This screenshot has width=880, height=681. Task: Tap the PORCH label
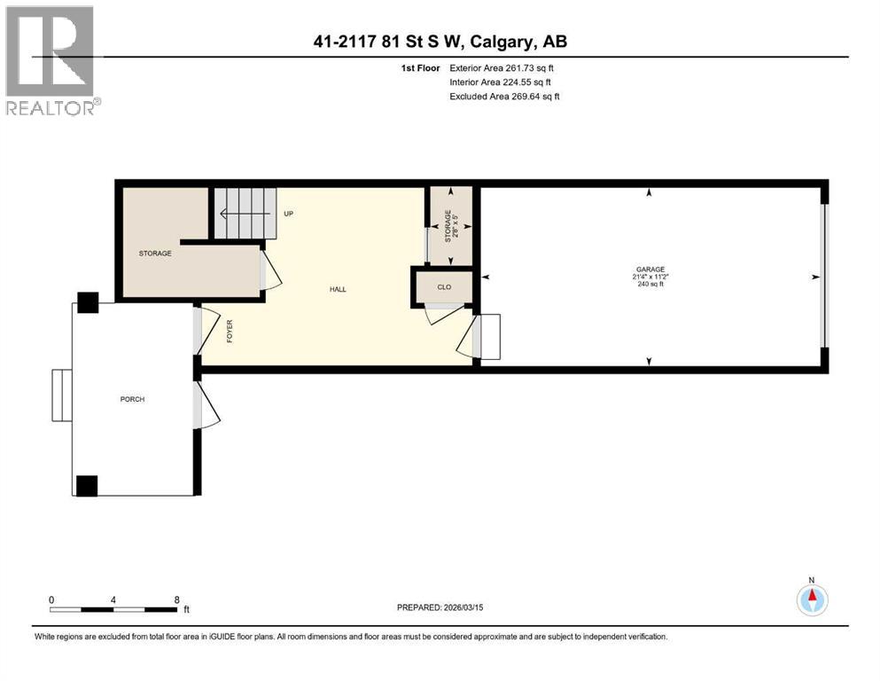[132, 399]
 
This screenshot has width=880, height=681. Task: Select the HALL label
[338, 289]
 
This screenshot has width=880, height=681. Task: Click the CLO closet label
[445, 286]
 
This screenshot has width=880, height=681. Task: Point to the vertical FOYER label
[230, 332]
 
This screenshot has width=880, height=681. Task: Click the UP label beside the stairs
[288, 214]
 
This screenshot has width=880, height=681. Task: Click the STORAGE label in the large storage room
[155, 253]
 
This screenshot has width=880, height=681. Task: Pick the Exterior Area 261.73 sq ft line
[502, 68]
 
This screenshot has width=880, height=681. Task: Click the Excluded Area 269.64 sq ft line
[504, 97]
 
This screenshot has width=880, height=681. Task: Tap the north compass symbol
[812, 599]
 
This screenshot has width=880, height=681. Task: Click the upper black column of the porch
[88, 303]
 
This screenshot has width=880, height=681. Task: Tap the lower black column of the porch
[87, 485]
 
